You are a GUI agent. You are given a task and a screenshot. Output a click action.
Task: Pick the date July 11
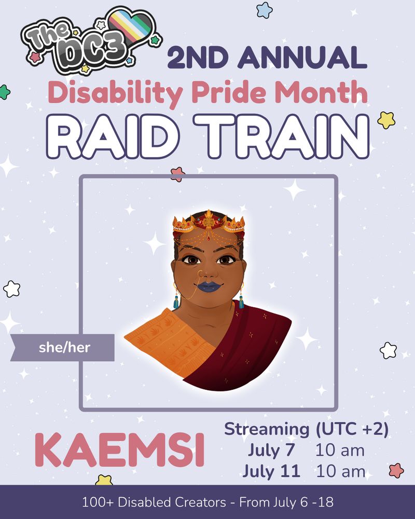click(x=271, y=471)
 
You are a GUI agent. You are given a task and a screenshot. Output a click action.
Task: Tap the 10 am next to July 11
click(x=340, y=471)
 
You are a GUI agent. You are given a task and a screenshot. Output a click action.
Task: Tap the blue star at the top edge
click(x=265, y=9)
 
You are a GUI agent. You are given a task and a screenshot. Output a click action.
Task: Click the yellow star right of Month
click(x=386, y=120)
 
